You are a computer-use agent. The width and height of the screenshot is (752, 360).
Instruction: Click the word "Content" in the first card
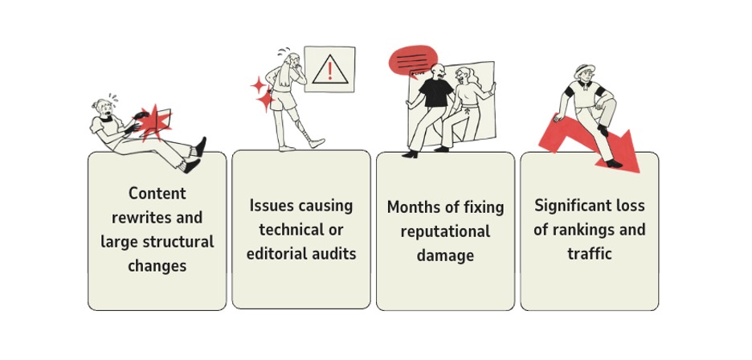(157, 194)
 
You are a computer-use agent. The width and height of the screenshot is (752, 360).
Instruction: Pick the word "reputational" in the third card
(445, 231)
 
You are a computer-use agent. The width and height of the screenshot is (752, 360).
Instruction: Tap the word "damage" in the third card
(445, 256)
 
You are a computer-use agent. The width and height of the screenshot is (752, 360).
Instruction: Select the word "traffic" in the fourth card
(589, 254)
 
